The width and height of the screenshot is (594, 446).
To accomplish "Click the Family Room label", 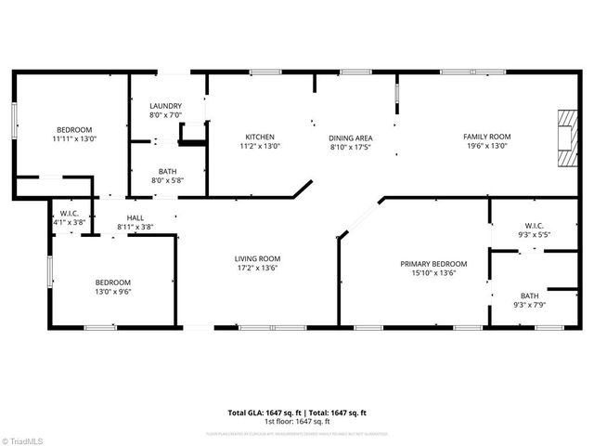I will [x=487, y=137].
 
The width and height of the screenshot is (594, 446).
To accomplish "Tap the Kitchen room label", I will [x=260, y=137].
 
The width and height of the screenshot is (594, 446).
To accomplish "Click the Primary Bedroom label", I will [x=433, y=264].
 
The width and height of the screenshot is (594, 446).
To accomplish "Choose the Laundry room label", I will [x=166, y=106].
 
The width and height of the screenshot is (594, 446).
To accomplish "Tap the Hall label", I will [x=136, y=217].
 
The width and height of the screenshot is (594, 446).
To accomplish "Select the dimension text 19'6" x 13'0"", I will [x=487, y=146].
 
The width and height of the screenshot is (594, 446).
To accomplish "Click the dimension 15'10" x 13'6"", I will [x=433, y=273].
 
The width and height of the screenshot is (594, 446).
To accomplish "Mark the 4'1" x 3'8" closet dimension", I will [x=68, y=223].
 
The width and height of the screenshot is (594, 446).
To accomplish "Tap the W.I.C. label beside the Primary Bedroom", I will [x=534, y=225].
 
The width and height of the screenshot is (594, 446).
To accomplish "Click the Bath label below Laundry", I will [x=167, y=171].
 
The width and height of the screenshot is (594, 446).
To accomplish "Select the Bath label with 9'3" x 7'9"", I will [x=529, y=295].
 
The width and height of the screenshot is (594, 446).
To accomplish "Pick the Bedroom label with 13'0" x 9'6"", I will [x=113, y=282].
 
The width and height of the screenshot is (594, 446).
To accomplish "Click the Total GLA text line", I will [x=297, y=413].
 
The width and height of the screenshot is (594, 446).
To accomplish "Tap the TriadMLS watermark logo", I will [x=25, y=439].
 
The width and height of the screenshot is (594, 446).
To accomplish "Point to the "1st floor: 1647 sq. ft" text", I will [x=297, y=422].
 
